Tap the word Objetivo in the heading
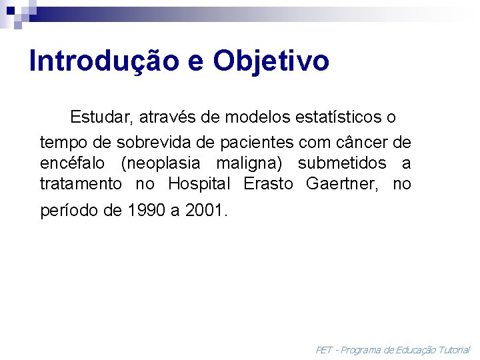click(271, 61)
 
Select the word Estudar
click(103, 118)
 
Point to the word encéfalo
click(72, 163)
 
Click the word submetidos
click(341, 163)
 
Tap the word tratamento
click(81, 184)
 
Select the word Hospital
click(199, 184)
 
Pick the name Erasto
click(268, 184)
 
